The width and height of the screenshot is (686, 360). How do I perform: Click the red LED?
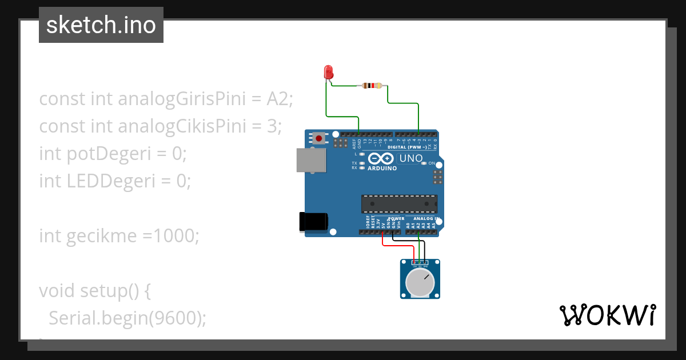(328, 72)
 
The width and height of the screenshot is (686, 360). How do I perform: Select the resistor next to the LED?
(372, 86)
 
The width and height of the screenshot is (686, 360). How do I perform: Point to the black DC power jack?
(313, 222)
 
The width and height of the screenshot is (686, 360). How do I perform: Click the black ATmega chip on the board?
(399, 204)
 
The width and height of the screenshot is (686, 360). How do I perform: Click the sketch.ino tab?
(101, 25)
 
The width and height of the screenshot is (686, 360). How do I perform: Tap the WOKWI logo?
(607, 315)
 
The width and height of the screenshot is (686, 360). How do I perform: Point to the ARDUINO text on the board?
(382, 169)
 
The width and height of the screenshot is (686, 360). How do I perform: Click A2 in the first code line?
(280, 99)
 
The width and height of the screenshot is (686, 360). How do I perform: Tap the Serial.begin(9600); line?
(127, 318)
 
